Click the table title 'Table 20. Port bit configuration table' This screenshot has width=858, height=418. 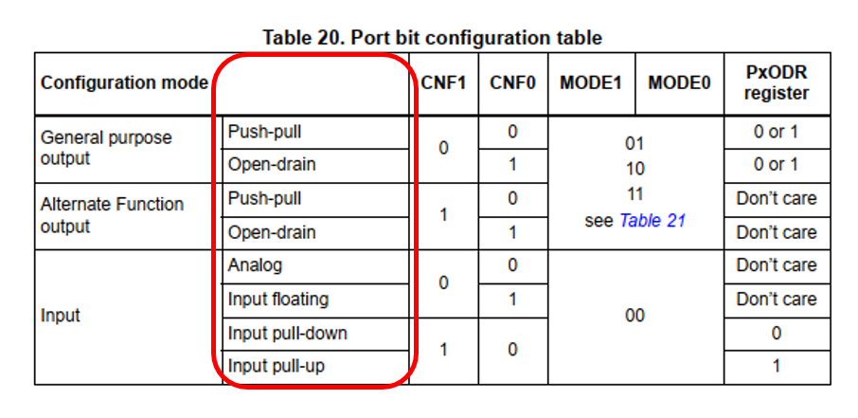431,38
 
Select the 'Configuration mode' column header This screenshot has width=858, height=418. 124,82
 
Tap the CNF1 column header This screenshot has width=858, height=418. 443,82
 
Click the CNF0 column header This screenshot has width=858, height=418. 512,82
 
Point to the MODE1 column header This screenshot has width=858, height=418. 590,82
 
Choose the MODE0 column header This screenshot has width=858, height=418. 679,82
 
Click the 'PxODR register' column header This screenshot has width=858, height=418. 776,82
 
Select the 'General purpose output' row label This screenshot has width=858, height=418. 106,148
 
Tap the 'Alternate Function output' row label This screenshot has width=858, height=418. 112,215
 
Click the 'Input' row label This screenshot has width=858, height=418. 61,316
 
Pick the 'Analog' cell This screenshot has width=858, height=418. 255,265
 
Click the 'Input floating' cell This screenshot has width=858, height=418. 277,300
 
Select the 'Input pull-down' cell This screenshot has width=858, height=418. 287,333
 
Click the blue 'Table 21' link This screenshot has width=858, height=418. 652,221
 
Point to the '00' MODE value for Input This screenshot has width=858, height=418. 635,316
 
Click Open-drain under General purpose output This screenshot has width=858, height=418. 271,165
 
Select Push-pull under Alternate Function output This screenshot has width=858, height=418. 264,199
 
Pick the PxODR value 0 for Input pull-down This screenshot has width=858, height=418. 776,333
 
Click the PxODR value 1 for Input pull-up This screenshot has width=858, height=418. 776,366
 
